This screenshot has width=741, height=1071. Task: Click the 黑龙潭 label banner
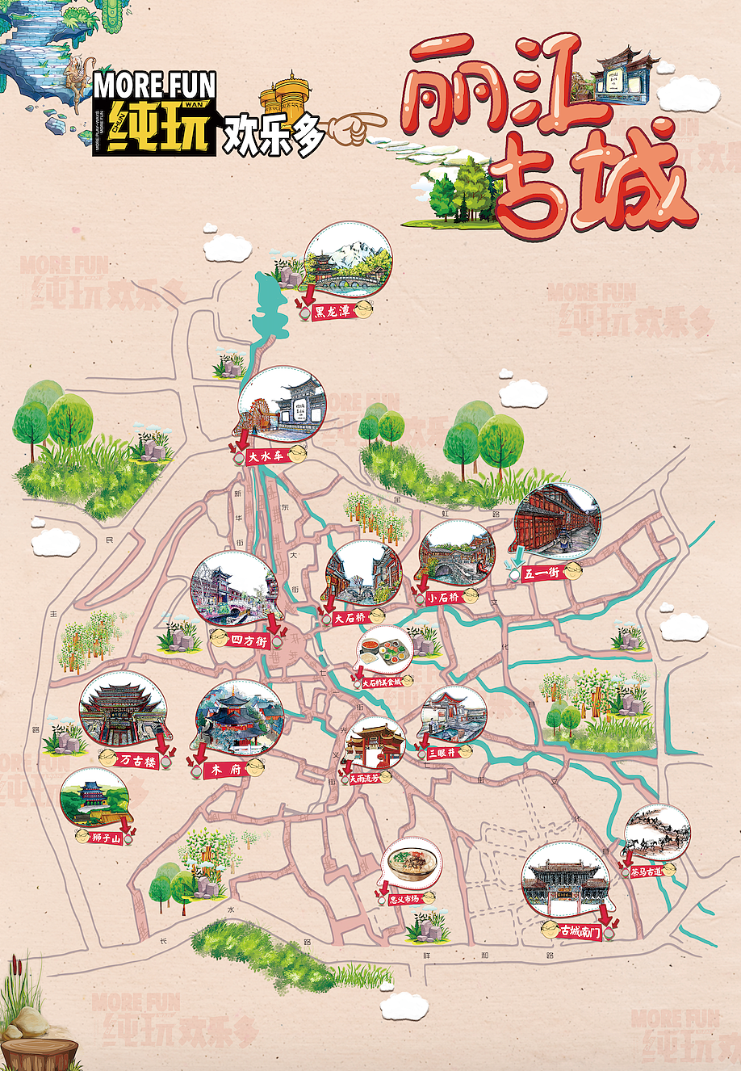tap(332, 310)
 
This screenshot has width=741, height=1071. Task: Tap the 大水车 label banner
tap(266, 456)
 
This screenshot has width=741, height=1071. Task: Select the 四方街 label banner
tap(249, 640)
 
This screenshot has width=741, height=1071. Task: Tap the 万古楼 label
tap(137, 759)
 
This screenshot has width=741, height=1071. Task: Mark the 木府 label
tap(226, 770)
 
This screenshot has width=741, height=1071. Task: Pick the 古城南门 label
tap(580, 932)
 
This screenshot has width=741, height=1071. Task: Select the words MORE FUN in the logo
tap(154, 85)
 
